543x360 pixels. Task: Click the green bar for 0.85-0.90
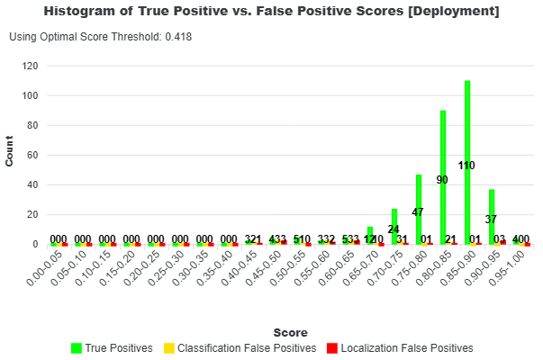pyautogui.click(x=467, y=162)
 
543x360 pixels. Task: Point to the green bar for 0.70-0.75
pyautogui.click(x=394, y=226)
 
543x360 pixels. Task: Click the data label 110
pyautogui.click(x=466, y=166)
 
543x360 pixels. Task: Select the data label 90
pyautogui.click(x=442, y=180)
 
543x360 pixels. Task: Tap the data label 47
pyautogui.click(x=418, y=212)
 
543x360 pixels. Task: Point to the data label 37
pyautogui.click(x=491, y=220)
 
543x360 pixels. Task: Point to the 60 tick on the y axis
pyautogui.click(x=32, y=155)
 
